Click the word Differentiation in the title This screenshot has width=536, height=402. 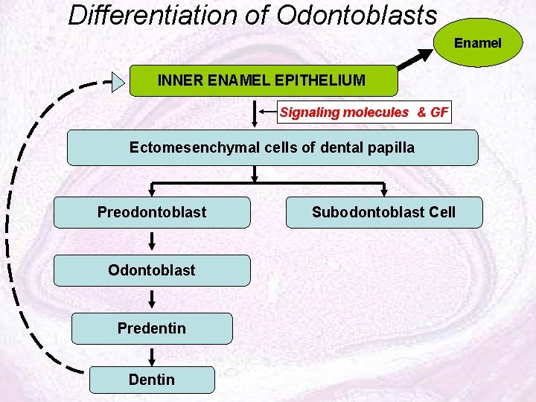tap(157, 15)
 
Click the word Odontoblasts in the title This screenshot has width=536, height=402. tap(357, 15)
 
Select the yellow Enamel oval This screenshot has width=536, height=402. tap(478, 43)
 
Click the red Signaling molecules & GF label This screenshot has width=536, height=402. tap(364, 112)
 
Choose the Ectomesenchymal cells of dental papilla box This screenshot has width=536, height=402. tap(272, 147)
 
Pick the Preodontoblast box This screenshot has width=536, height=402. tap(152, 212)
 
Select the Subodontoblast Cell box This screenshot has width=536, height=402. tap(383, 212)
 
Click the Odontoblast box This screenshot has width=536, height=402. tap(152, 270)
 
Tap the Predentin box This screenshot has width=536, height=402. tap(152, 328)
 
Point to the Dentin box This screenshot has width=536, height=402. tap(152, 380)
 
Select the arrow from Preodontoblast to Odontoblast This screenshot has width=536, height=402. tap(152, 240)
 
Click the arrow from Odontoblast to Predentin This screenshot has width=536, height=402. tap(152, 299)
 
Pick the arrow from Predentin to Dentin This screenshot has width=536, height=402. tap(152, 356)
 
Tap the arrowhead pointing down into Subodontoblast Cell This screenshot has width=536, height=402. tap(383, 191)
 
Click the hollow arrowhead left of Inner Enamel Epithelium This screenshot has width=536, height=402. tap(118, 81)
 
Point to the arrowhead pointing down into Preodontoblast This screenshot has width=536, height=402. tap(152, 191)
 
